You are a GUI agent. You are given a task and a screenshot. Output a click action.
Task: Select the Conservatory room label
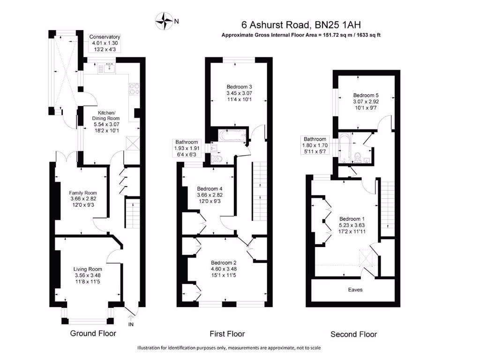pyautogui.click(x=105, y=37)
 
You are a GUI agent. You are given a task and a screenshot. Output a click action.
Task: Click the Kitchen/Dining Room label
pyautogui.click(x=108, y=116)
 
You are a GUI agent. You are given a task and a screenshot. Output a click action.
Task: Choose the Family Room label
pyautogui.click(x=82, y=193)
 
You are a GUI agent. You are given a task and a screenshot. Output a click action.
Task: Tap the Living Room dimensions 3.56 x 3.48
pyautogui.click(x=87, y=275)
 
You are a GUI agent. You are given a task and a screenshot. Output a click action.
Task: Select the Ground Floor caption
pyautogui.click(x=93, y=333)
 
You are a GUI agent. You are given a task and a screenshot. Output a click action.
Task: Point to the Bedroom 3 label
pyautogui.click(x=239, y=87)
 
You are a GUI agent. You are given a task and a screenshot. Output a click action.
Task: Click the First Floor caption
pyautogui.click(x=227, y=334)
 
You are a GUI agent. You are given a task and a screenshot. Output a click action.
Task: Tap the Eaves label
pyautogui.click(x=355, y=289)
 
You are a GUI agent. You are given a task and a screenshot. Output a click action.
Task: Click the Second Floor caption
pyautogui.click(x=353, y=334)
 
